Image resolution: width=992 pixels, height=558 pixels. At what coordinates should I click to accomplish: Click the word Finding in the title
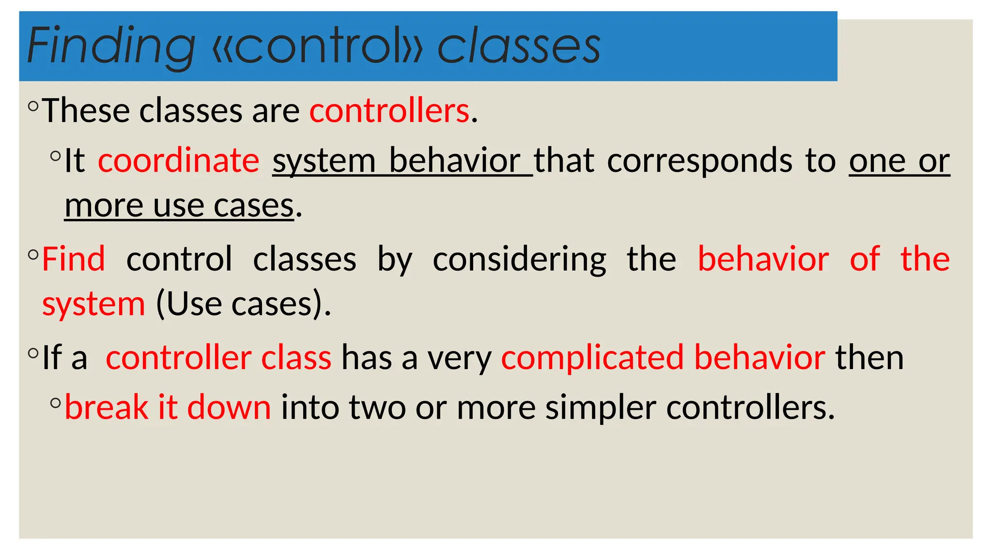pos(111,46)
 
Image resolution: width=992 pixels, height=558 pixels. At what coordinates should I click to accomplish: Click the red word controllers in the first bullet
pos(389,111)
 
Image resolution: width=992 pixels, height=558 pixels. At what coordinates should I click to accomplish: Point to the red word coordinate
pos(178,161)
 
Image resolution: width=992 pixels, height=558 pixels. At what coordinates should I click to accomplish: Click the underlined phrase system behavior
pos(396,161)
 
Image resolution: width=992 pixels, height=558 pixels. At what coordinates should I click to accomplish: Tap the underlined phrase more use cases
pos(179,206)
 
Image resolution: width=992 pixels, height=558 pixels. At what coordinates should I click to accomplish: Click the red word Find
pos(74,259)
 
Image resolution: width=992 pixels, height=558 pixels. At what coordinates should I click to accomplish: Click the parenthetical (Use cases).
pos(243,304)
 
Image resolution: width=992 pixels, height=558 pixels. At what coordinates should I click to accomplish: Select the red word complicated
pos(592,358)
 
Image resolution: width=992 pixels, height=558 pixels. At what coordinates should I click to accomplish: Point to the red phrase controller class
pos(218,358)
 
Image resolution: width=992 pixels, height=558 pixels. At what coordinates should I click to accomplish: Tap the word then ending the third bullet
pos(869,358)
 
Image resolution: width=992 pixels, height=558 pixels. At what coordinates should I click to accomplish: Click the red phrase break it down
pos(168,407)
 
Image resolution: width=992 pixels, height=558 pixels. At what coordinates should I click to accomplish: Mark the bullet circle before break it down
pos(56,403)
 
